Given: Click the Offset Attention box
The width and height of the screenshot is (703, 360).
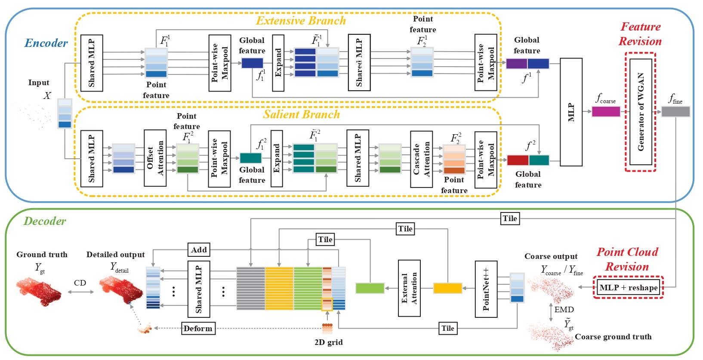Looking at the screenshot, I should click(x=155, y=158).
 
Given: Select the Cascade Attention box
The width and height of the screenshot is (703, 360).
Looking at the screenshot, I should click(x=421, y=159).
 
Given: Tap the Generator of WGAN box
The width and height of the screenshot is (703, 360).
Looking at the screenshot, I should click(x=641, y=112).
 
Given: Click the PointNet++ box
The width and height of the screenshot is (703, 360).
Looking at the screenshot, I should click(x=486, y=289).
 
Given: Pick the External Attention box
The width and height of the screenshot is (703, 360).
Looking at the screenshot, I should click(x=409, y=288).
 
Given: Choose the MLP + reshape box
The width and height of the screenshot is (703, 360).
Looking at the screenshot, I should click(x=628, y=287).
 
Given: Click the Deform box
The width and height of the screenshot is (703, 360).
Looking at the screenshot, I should click(x=198, y=328).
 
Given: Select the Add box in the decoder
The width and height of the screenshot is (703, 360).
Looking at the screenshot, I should click(x=199, y=249).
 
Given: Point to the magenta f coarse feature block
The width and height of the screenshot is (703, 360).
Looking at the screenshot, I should click(x=606, y=112).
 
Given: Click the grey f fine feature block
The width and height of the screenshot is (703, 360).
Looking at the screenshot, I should click(x=675, y=112).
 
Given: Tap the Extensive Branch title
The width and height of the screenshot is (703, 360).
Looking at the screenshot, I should click(x=301, y=21).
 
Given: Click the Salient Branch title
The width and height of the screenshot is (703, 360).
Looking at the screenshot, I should click(x=301, y=114).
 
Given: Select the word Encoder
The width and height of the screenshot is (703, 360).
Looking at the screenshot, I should click(x=46, y=43).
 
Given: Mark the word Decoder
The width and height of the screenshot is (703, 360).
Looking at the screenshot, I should click(x=45, y=221).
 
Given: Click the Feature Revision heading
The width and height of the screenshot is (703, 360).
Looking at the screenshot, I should click(x=640, y=34).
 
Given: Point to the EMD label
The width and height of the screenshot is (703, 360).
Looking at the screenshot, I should click(x=564, y=310).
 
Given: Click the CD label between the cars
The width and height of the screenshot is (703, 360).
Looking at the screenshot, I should click(x=80, y=283).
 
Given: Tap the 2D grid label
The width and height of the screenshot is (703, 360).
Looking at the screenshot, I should click(x=328, y=342).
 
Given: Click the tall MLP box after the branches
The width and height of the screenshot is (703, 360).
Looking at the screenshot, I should click(x=571, y=112).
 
